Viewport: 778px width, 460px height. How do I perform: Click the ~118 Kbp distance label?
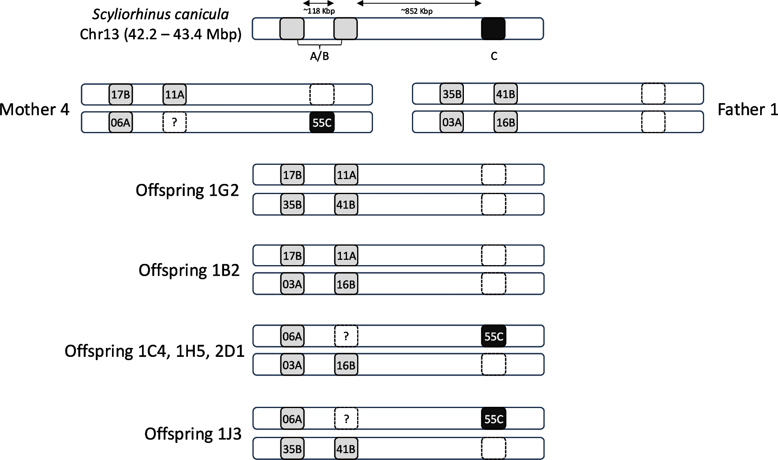(x=319, y=11)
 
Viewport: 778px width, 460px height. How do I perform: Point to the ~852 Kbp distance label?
(x=417, y=11)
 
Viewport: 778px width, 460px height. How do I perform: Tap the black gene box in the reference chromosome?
(x=493, y=29)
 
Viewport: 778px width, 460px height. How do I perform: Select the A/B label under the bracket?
(x=319, y=56)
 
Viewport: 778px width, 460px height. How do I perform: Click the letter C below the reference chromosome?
(x=494, y=56)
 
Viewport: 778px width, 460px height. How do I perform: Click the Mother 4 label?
(x=34, y=110)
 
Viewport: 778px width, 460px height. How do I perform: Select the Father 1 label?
(x=748, y=110)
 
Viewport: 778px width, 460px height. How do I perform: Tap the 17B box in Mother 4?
(x=121, y=95)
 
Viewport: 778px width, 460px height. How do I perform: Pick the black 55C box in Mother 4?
(x=322, y=122)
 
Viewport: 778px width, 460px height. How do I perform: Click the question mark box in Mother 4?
(x=175, y=122)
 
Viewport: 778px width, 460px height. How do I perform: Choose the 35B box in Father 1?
(x=452, y=95)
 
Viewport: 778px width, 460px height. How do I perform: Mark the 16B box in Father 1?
(x=506, y=122)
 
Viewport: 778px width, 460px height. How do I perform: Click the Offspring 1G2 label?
(x=187, y=190)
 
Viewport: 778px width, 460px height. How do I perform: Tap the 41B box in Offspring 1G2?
(x=346, y=204)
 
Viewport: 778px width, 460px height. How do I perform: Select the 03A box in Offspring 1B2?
(x=292, y=284)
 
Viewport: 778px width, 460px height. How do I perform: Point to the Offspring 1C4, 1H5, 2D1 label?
(x=154, y=351)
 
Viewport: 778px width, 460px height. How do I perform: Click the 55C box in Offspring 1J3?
(x=494, y=419)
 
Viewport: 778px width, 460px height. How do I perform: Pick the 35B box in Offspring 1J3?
(x=292, y=449)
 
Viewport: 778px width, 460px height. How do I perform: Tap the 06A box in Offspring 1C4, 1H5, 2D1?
(x=292, y=336)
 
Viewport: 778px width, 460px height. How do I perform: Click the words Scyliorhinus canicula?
(x=160, y=14)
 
